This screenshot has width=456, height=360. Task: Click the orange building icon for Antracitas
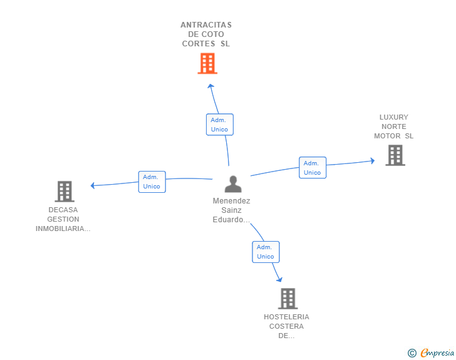(x=207, y=63)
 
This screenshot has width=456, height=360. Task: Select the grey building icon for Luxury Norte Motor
(x=395, y=155)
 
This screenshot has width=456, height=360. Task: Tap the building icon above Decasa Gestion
(x=65, y=192)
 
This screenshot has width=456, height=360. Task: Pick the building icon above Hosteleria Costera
(x=288, y=299)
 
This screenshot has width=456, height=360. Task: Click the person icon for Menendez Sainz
(x=233, y=184)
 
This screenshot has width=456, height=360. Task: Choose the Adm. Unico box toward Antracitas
(x=220, y=125)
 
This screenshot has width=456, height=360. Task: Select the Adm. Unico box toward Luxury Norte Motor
(x=313, y=168)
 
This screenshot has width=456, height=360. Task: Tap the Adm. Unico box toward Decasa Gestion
(x=152, y=182)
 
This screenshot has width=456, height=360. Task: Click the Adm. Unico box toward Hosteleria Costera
(x=266, y=252)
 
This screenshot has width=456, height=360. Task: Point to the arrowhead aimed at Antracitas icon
(x=210, y=86)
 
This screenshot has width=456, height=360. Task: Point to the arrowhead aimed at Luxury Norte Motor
(x=372, y=160)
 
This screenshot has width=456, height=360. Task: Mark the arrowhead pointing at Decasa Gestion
(x=93, y=185)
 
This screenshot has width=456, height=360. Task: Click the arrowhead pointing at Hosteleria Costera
(x=279, y=279)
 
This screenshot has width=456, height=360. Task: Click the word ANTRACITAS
(x=206, y=25)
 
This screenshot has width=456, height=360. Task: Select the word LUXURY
(x=394, y=117)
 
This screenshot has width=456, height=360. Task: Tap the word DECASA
(x=63, y=210)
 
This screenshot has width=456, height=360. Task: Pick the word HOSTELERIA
(x=286, y=317)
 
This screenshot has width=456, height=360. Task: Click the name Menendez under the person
(x=232, y=201)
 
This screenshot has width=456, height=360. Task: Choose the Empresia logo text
(x=437, y=353)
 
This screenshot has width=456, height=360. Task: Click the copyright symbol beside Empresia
(x=412, y=353)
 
